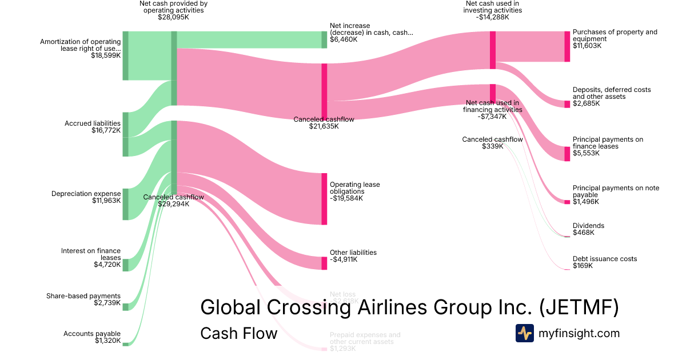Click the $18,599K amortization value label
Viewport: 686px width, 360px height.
[106, 56]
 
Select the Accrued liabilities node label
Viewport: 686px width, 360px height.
[93, 123]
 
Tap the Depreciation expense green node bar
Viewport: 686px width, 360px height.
[126, 204]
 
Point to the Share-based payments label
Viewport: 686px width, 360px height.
[83, 296]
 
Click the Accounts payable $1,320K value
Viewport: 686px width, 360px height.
[108, 341]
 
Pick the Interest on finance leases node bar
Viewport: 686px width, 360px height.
[126, 265]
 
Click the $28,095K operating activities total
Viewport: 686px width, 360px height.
[173, 17]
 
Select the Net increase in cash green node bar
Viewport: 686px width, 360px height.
[324, 39]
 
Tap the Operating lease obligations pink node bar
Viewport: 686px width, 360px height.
[324, 199]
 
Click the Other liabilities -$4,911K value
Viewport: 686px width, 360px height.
[344, 259]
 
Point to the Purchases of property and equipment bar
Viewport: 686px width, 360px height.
[567, 46]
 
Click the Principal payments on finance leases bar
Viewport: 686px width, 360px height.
[567, 154]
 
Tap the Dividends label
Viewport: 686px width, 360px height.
[588, 226]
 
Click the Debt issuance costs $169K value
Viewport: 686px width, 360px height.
[583, 266]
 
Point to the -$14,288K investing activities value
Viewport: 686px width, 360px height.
[493, 17]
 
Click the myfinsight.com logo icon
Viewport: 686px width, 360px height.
[524, 333]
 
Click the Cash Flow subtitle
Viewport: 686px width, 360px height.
[238, 333]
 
